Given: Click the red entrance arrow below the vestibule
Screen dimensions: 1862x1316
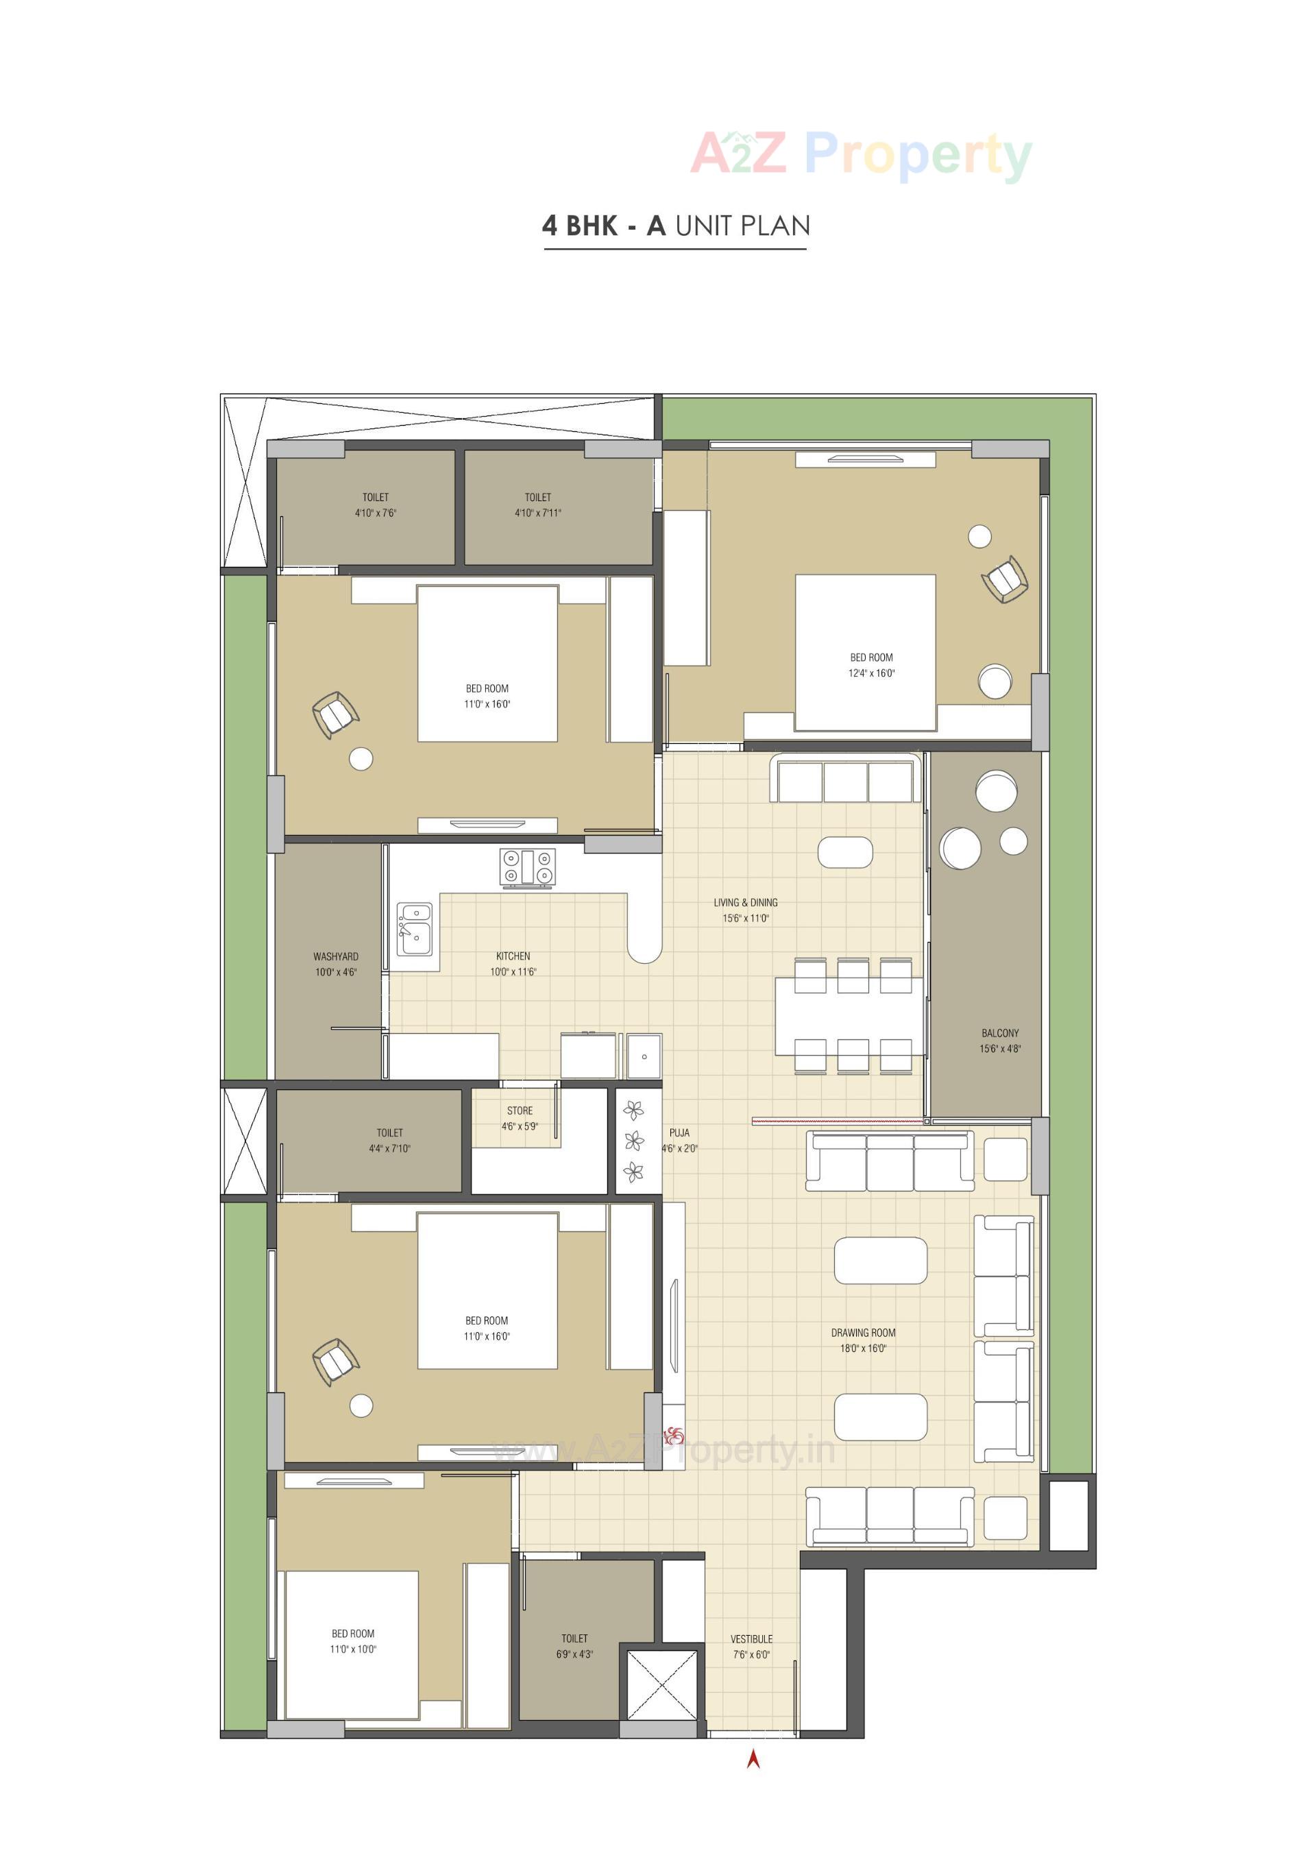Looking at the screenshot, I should [753, 1758].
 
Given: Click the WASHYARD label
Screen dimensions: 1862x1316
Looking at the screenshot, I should [336, 957].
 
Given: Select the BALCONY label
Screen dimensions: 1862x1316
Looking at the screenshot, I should [1000, 1033].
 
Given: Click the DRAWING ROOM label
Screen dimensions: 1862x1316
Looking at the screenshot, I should [863, 1333].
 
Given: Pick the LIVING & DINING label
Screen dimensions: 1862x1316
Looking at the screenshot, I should [745, 903].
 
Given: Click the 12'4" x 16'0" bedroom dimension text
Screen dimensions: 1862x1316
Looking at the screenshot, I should [872, 674].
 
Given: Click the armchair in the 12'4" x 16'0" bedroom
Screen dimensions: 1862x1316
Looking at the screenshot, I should [1006, 579].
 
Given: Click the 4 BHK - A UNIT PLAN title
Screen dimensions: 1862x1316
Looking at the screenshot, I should [675, 226].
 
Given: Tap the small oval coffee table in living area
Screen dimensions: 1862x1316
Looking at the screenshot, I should [845, 852].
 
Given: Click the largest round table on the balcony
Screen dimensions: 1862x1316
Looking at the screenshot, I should [960, 848].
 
